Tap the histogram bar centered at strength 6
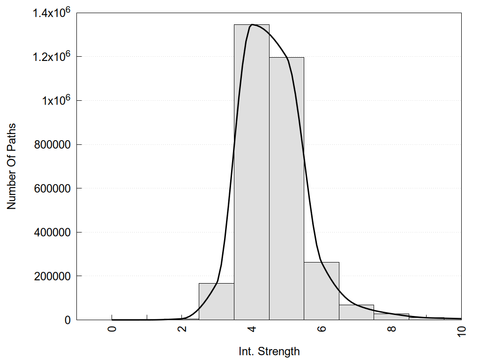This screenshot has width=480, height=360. click(x=322, y=291)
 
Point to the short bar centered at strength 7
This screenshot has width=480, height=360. click(x=356, y=312)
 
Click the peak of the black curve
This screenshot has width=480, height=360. click(x=252, y=24)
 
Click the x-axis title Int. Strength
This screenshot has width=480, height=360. click(x=269, y=351)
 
